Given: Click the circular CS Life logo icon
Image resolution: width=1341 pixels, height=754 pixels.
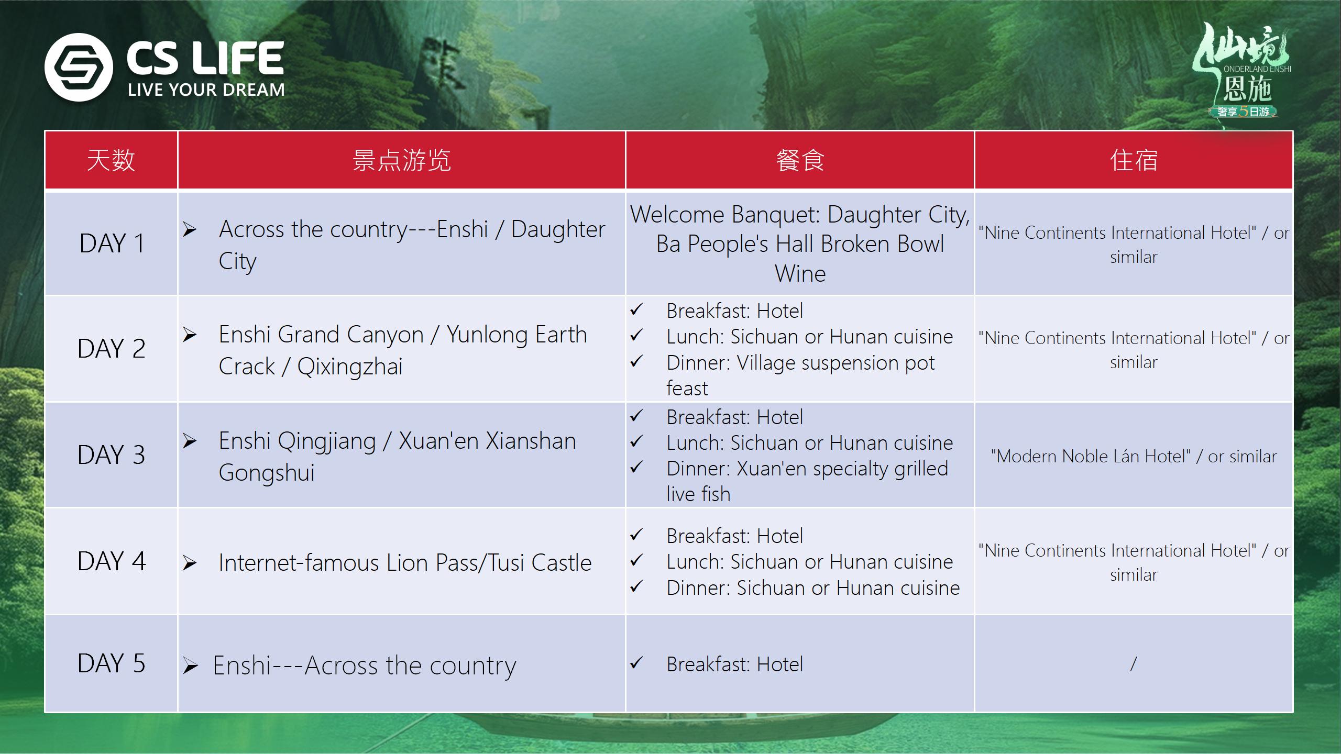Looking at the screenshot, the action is coord(79,67).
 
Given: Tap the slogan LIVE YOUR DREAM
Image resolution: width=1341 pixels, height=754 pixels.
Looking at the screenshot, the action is coord(206,90).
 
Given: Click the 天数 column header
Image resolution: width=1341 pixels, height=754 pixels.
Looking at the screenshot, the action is coord(111,160).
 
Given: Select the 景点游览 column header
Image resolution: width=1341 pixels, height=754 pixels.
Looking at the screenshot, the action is coord(402,160).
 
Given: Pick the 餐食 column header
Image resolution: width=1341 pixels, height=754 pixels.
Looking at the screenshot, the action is coord(800,160).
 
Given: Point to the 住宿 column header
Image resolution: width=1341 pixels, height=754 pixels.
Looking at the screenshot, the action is coord(1134,160).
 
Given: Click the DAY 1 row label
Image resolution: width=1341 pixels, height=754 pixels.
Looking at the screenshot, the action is coord(112,243).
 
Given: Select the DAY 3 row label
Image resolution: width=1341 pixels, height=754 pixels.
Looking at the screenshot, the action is coord(112,455).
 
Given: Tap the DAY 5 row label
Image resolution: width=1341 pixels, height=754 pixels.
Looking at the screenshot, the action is coord(112,663).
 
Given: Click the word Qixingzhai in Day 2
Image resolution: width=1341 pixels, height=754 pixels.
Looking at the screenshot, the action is coord(350,367).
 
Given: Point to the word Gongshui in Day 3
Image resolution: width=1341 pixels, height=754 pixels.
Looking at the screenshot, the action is coord(267,473).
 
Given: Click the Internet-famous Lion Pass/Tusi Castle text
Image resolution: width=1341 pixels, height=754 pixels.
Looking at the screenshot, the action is coord(405,563).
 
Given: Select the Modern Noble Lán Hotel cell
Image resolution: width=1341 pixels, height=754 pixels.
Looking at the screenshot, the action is coord(1134,457).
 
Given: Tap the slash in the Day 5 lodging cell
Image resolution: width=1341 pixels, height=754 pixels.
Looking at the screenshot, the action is coord(1134,664).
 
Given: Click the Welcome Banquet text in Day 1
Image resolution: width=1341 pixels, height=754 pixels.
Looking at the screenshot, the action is coord(725,215).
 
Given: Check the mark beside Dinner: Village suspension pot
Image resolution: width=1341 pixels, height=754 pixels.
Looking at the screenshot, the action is coord(636,361).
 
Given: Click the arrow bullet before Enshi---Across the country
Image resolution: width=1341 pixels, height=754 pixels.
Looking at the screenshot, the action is coord(190,666).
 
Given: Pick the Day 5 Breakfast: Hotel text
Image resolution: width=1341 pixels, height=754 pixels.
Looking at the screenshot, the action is coord(734,664).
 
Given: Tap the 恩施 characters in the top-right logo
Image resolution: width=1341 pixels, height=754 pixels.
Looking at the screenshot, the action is coord(1247,88).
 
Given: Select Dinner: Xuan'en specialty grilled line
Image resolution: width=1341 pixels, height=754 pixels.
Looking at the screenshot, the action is coord(807,469).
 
